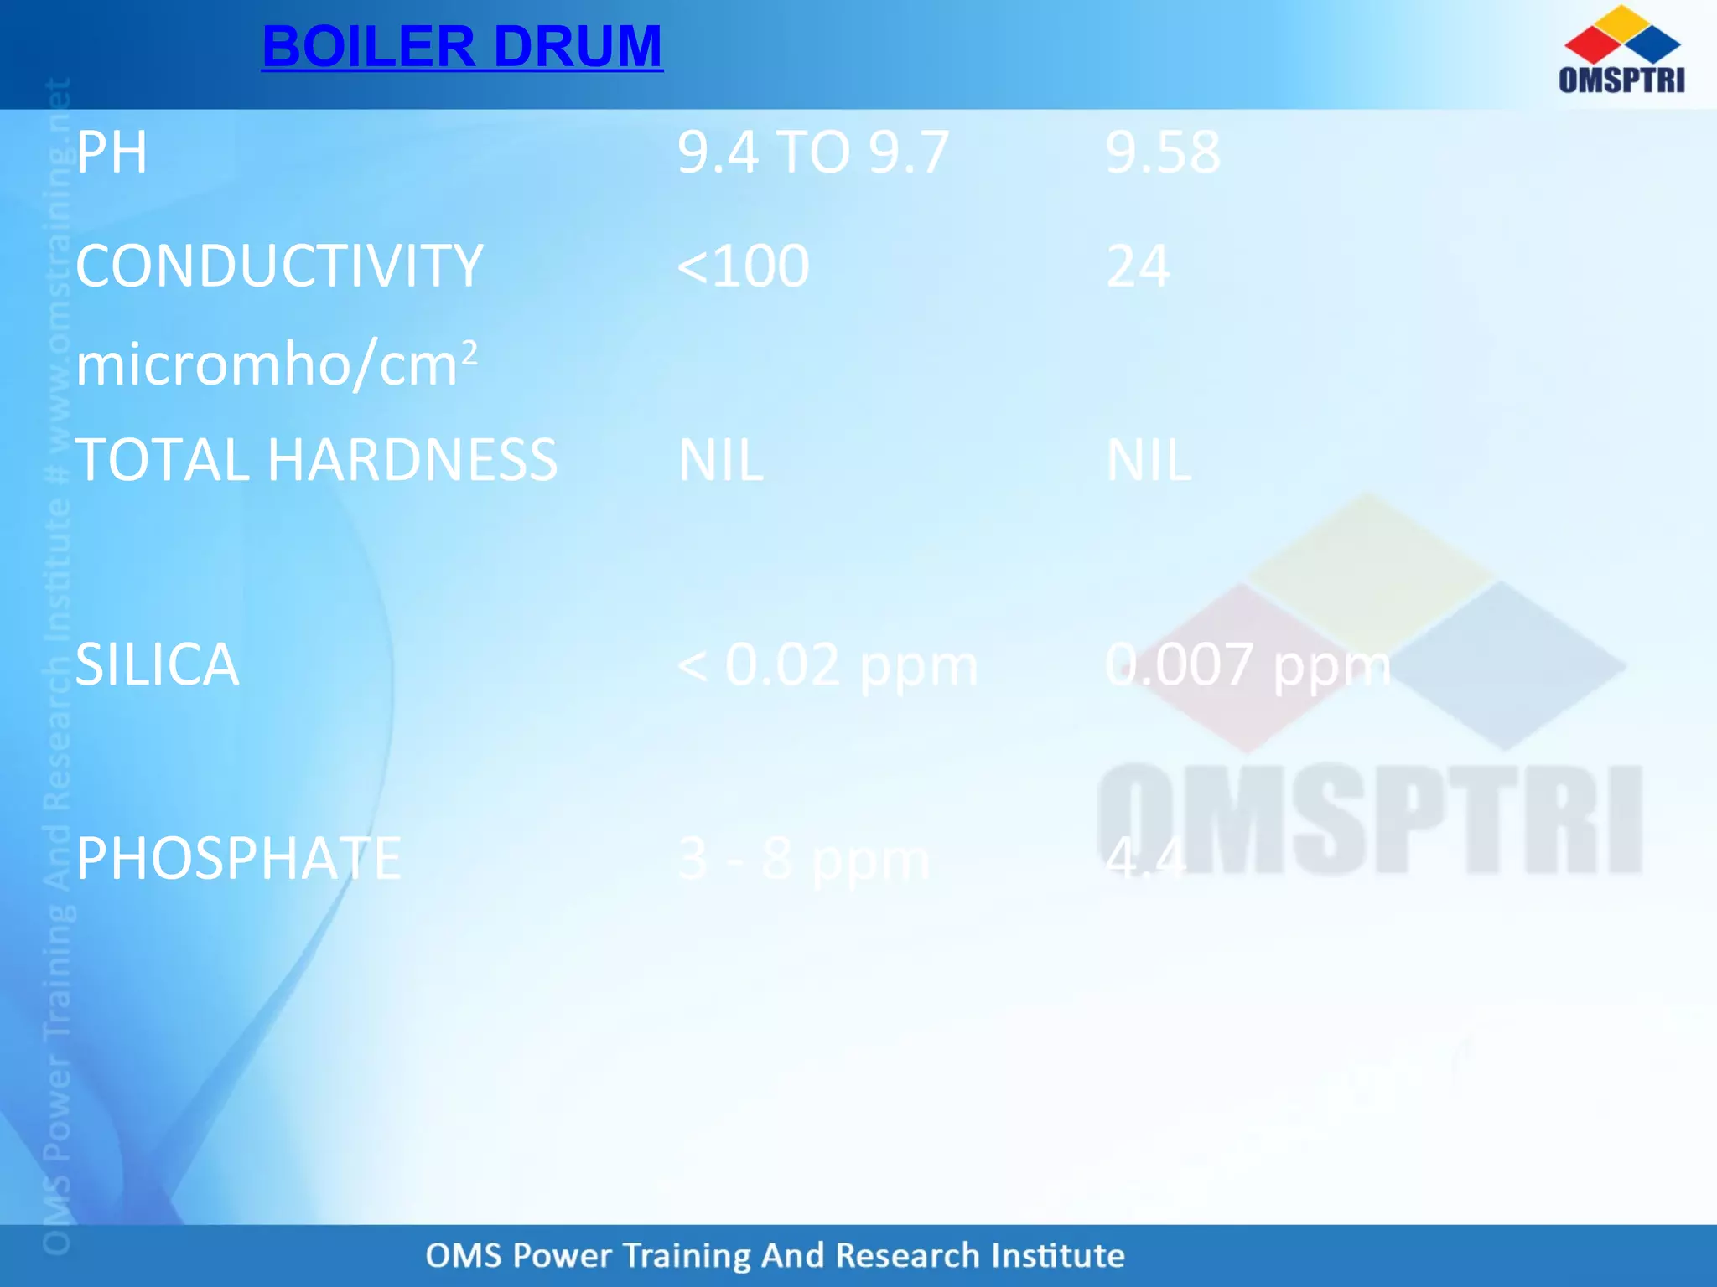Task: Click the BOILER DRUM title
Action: (462, 46)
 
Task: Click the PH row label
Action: (112, 152)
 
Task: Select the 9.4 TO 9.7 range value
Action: (812, 152)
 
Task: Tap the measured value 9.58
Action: (1162, 152)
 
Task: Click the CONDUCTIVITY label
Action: (279, 266)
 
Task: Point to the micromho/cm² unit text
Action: (277, 364)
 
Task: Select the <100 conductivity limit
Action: (743, 266)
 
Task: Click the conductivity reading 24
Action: (1138, 266)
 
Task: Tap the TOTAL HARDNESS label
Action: (316, 460)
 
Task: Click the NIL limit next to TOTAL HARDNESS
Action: (720, 460)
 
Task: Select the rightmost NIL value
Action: (1149, 460)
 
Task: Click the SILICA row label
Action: (157, 664)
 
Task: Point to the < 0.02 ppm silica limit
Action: (827, 665)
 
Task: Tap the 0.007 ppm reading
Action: (1248, 665)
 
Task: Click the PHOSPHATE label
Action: (238, 859)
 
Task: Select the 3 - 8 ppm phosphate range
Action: (803, 860)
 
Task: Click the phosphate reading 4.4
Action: (1145, 859)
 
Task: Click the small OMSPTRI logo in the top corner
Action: (1621, 50)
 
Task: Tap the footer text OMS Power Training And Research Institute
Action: (775, 1255)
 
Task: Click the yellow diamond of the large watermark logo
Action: (1369, 570)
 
